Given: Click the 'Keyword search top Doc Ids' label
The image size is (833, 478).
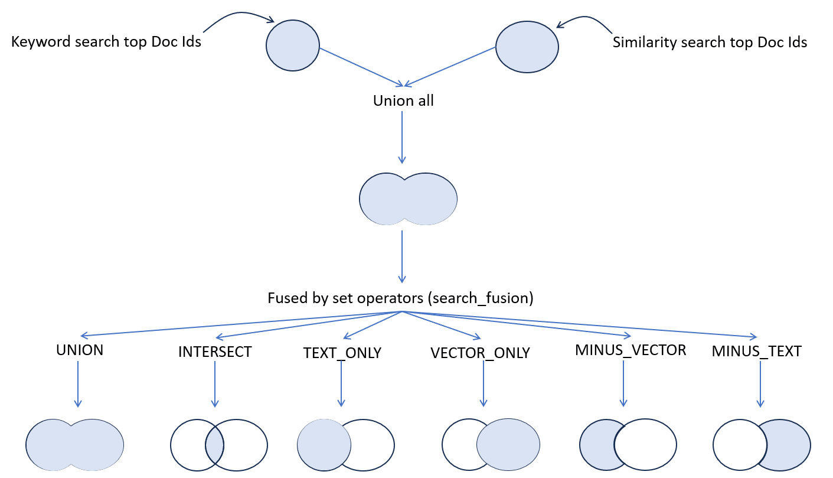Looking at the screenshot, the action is click(106, 42).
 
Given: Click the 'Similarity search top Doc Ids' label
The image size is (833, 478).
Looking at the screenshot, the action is click(710, 43).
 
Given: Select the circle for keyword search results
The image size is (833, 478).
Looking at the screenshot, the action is click(293, 45).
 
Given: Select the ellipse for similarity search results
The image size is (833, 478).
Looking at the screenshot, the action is click(527, 47).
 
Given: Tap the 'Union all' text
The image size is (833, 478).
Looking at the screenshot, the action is click(403, 101).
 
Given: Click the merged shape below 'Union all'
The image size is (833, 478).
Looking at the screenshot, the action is click(408, 199).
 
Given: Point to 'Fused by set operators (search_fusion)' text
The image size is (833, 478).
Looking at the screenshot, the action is click(400, 298).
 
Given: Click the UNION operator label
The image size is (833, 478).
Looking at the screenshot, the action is click(80, 350).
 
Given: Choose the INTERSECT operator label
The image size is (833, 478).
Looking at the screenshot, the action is click(215, 352).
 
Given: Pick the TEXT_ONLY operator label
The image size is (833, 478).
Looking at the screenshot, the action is click(342, 353).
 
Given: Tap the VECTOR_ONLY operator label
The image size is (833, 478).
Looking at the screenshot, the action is click(480, 353).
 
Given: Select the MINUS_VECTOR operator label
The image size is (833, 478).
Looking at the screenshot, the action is click(631, 350).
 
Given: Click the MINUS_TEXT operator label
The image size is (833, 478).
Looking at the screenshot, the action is click(756, 352).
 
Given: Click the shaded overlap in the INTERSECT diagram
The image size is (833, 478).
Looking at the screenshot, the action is click(214, 446).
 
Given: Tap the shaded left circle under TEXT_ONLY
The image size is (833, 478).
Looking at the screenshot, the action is click(324, 445).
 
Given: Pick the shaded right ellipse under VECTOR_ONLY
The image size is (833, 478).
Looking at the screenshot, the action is click(508, 444).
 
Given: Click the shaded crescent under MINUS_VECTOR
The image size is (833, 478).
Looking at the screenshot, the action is click(596, 445).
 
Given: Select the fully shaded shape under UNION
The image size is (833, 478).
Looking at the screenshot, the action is click(74, 445).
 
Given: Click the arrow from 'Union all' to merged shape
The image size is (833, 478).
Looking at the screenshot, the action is click(402, 137).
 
